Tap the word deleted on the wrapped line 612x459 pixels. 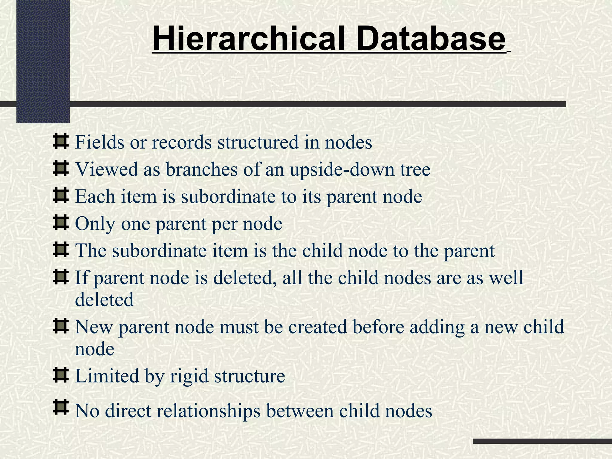[x=104, y=300]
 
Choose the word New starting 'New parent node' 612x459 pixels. [x=94, y=327]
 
